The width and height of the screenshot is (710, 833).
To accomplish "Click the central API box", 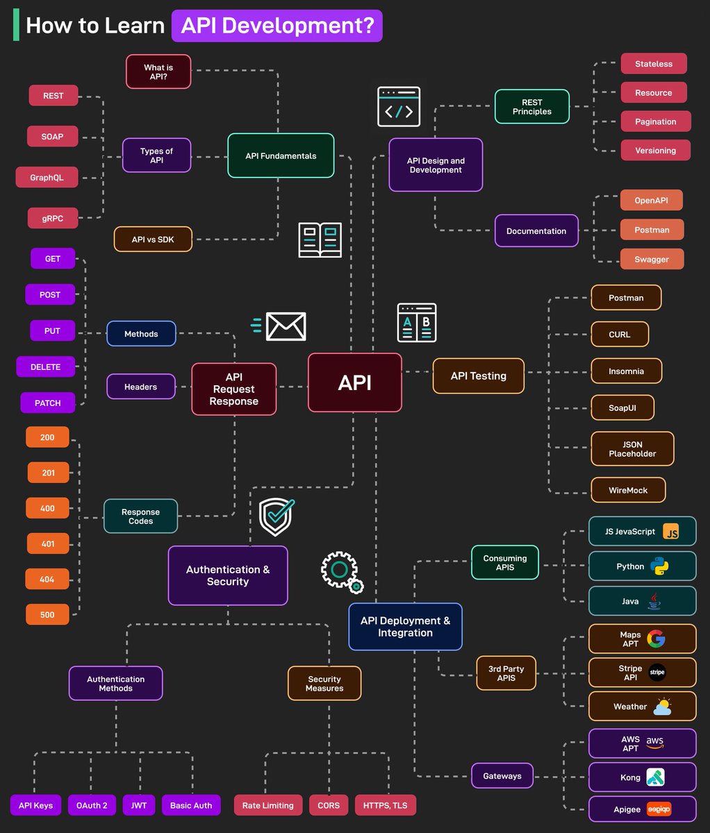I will click(x=354, y=382).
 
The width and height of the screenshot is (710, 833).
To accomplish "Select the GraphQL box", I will click(x=47, y=178).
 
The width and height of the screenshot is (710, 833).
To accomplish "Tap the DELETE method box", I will click(x=46, y=367).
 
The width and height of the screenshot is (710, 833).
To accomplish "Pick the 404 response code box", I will click(x=47, y=579).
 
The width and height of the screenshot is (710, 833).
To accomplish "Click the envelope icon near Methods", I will click(x=285, y=326).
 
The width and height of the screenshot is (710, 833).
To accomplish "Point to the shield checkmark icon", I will click(x=276, y=517).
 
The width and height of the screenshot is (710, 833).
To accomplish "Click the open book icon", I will click(x=320, y=239).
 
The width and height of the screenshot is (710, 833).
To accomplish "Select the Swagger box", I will click(x=652, y=259).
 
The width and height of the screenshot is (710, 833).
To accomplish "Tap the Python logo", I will click(x=659, y=566).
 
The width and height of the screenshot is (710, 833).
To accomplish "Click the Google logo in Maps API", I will click(x=655, y=639).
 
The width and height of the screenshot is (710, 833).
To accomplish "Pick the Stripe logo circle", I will click(x=657, y=672).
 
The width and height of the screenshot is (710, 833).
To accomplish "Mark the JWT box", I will click(x=138, y=805).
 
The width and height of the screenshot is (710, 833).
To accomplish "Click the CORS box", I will click(x=329, y=805).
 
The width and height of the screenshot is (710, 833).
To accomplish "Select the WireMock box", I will click(x=628, y=490).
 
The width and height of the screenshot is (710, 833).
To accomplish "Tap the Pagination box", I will click(x=655, y=121).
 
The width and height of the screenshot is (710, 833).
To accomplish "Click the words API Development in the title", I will click(x=277, y=26).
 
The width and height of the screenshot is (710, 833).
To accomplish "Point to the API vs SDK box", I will click(x=153, y=239).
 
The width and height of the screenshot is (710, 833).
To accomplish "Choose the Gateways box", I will click(x=502, y=776).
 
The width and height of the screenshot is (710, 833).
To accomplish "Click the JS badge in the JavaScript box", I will click(x=670, y=532).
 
